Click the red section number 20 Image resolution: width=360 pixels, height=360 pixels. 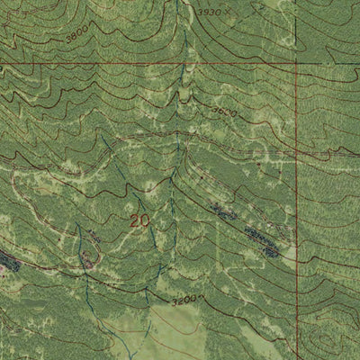click(139, 220)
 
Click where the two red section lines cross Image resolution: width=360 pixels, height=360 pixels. click(297, 64)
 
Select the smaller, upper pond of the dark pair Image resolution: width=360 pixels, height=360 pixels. click(219, 210)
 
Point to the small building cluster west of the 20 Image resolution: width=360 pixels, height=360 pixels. click(89, 259)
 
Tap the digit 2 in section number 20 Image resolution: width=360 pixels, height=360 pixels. click(134, 220)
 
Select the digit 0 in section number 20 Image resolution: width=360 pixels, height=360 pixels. click(145, 220)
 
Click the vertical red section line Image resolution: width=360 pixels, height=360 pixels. click(297, 180)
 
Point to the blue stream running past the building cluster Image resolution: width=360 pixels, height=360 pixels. click(81, 270)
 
